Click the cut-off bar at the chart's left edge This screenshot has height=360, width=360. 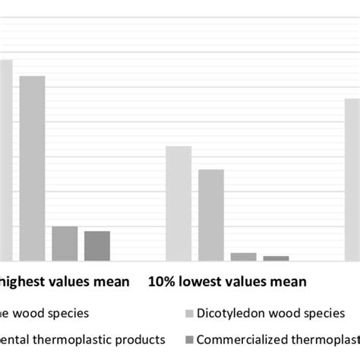point(5,160)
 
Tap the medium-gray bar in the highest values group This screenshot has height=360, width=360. point(65,244)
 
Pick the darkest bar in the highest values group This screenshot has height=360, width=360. point(97,246)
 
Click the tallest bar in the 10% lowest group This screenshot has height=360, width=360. point(178,204)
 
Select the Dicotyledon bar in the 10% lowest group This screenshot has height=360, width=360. point(211,215)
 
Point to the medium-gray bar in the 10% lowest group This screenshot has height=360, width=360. point(244,257)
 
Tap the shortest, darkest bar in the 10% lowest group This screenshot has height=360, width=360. point(276,258)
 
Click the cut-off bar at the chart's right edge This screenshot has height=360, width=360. point(352,179)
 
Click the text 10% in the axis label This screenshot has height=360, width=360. point(161,282)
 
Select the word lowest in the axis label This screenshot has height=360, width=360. point(200,282)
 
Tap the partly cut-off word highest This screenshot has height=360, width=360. point(23,282)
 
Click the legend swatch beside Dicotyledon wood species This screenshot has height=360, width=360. point(189,313)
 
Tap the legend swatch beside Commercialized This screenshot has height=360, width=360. point(189,339)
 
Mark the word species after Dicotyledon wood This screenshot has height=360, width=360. point(323,313)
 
